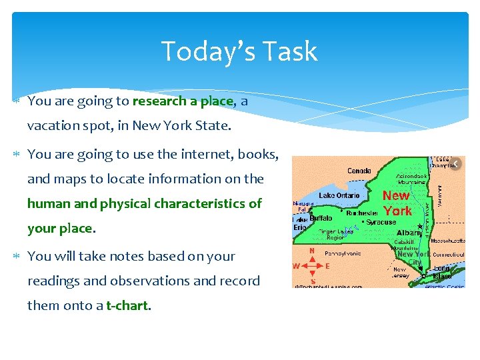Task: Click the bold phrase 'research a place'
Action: click(183, 101)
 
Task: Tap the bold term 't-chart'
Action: click(128, 306)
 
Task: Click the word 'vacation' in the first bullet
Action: click(52, 125)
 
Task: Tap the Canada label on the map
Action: click(359, 171)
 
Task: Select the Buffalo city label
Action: click(321, 218)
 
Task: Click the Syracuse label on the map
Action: click(382, 221)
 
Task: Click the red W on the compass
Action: click(298, 265)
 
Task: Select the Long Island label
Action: click(442, 273)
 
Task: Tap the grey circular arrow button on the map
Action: click(456, 165)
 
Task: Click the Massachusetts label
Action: click(447, 240)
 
